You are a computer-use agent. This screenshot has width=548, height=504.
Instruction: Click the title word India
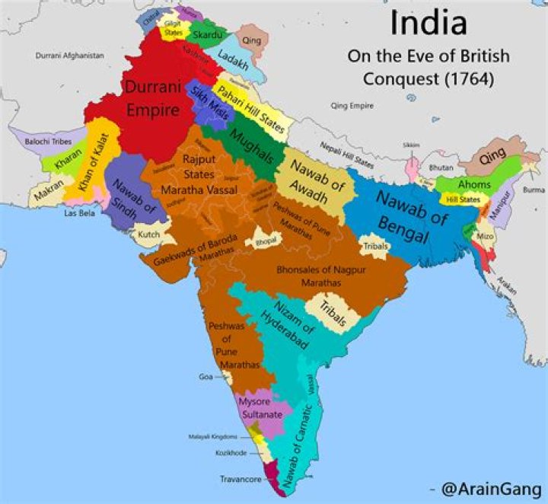click(429, 24)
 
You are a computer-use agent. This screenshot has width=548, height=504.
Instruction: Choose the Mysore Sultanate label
click(261, 407)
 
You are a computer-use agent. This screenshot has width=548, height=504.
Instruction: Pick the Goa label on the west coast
click(205, 377)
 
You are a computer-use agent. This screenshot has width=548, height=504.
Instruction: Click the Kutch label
click(149, 234)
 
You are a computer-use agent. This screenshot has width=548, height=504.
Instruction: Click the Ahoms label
click(474, 184)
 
